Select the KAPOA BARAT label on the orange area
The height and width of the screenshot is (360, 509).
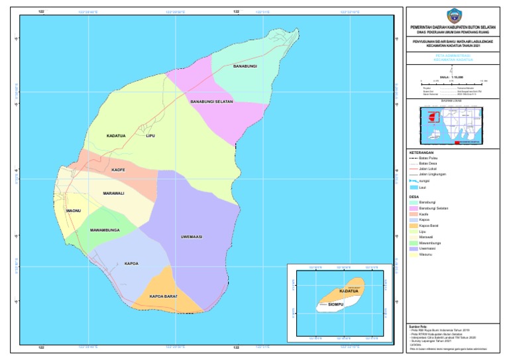[x=163, y=296]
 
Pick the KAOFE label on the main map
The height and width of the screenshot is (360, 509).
[x=118, y=170]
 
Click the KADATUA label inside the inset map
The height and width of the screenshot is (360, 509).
[x=349, y=291]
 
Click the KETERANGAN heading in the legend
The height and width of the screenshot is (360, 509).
[x=422, y=152]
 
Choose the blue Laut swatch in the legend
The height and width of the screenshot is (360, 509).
[x=414, y=188]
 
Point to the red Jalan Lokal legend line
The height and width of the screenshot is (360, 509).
[x=414, y=169]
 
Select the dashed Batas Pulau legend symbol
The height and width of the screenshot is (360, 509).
[x=414, y=158]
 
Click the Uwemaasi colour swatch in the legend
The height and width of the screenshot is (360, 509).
[x=414, y=248]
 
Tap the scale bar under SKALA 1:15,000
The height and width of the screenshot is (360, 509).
[x=454, y=82]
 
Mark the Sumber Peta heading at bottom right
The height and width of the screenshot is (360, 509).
[x=420, y=326]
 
